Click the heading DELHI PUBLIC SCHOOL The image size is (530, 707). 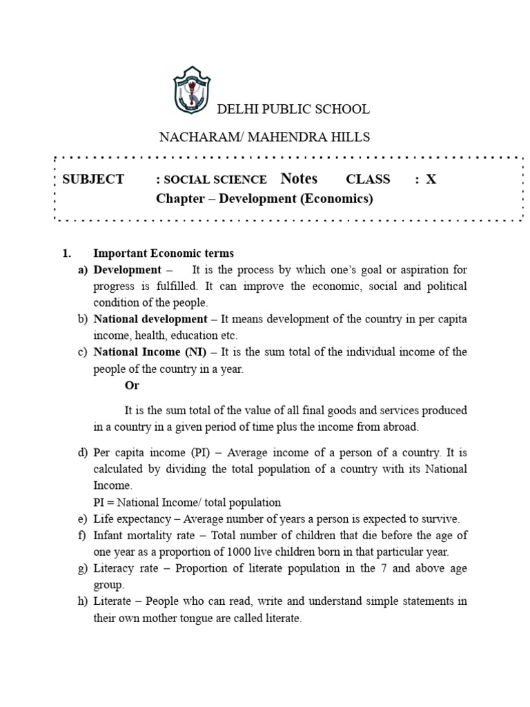(293, 109)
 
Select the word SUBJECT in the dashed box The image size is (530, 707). (93, 180)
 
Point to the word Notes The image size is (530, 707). (299, 179)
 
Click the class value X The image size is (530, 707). (431, 180)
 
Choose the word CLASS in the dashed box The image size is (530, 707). (368, 180)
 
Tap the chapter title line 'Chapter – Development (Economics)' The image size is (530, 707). (264, 200)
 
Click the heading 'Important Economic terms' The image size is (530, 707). (164, 253)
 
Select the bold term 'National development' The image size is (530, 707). (150, 319)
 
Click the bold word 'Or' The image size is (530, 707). (132, 386)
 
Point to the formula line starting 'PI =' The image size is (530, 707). (187, 503)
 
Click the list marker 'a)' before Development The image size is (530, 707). (83, 269)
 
